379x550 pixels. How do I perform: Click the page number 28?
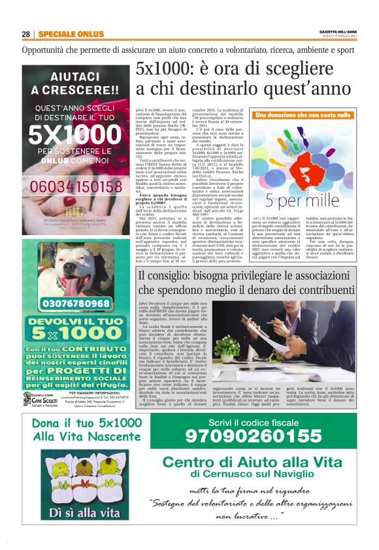pos(26,34)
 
